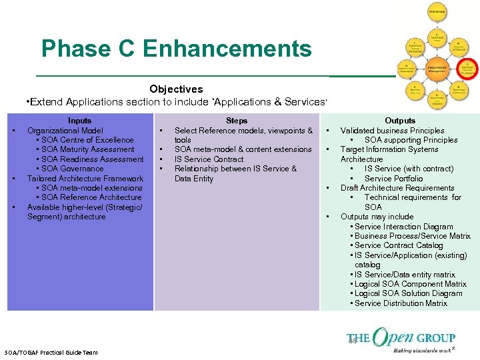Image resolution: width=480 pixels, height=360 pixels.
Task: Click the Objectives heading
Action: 176,89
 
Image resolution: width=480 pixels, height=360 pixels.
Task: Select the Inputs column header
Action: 80,121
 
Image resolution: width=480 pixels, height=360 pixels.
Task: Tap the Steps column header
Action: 237,121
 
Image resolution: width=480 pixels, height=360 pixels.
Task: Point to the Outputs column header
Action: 400,121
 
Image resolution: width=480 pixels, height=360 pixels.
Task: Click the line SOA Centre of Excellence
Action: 87,140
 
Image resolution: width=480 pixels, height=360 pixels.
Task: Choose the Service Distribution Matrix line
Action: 401,303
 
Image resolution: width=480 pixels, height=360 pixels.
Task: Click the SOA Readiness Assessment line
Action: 92,159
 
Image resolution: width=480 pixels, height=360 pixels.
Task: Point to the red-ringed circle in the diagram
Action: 467,68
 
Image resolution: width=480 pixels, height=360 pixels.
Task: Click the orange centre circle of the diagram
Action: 437,68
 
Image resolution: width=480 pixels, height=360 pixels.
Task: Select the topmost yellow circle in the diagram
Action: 437,12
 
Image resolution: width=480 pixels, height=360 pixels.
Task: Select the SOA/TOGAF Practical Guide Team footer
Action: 51,352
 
